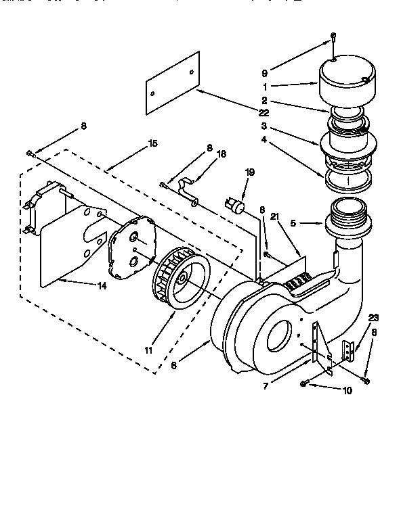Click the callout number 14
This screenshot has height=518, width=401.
tap(102, 285)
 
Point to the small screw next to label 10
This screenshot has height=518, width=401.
tap(305, 384)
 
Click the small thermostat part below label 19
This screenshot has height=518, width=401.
tap(236, 205)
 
